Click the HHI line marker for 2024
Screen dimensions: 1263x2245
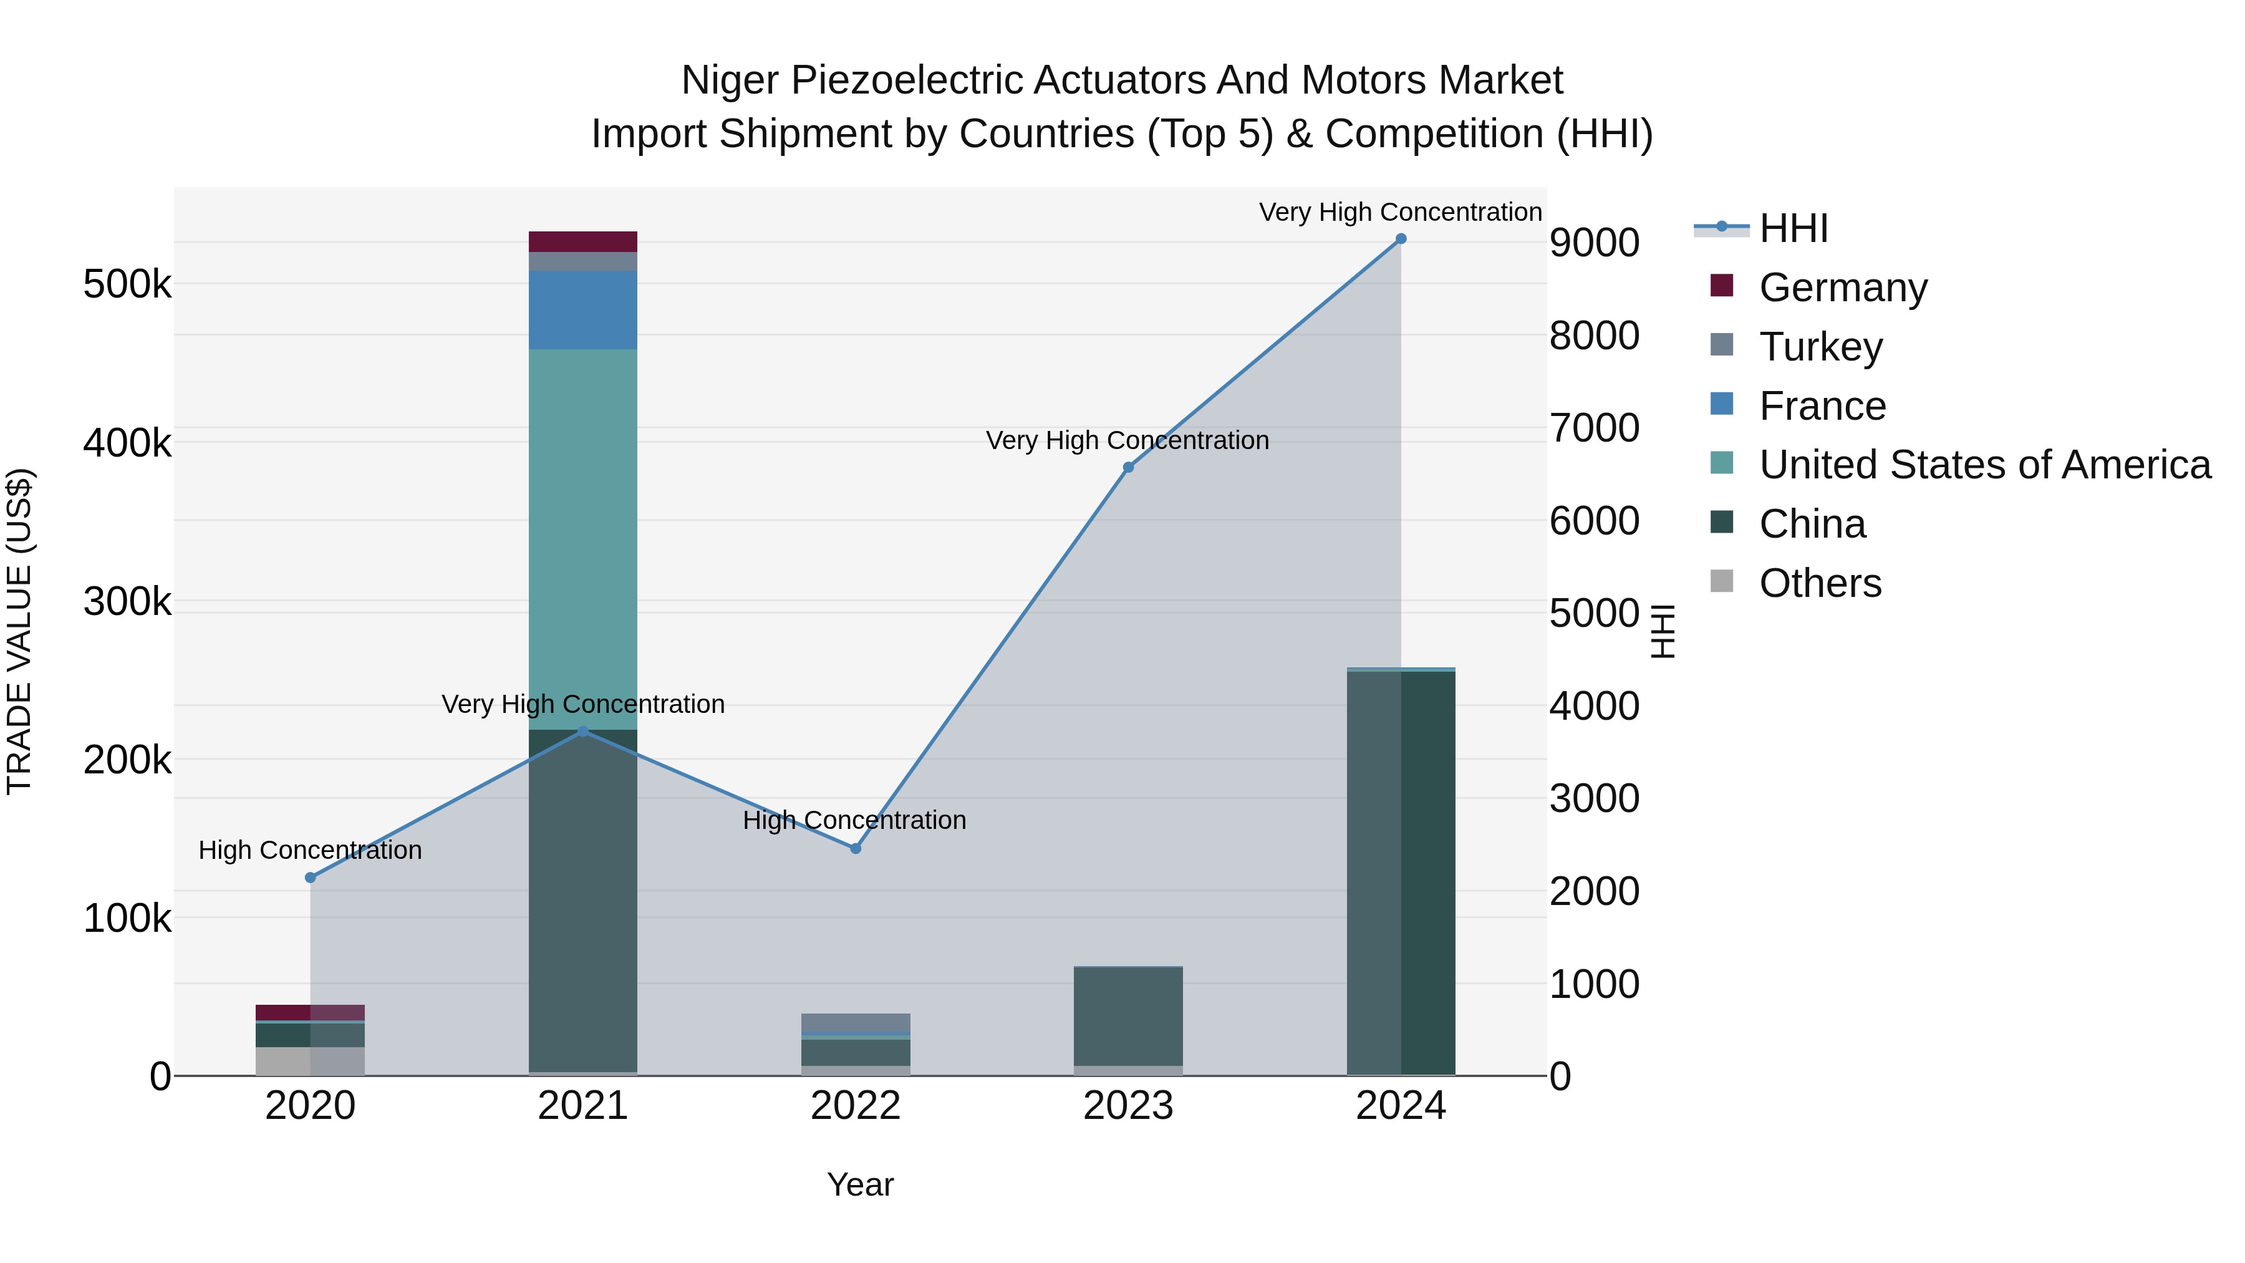click(1401, 239)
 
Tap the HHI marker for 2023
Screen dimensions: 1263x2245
click(1127, 467)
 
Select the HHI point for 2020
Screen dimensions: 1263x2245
click(311, 878)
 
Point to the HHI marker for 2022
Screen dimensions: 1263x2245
click(855, 848)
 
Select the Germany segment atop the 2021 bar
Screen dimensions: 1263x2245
click(583, 241)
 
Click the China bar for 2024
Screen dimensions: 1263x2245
click(1401, 872)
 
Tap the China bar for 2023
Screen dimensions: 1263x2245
click(1127, 1015)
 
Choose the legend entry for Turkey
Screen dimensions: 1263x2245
click(1820, 347)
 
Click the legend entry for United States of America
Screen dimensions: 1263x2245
click(1984, 465)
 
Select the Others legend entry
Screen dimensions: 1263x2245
click(1820, 583)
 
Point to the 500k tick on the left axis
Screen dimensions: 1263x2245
click(127, 284)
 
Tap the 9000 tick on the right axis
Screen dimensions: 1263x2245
click(1594, 243)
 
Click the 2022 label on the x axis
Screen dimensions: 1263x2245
click(855, 1106)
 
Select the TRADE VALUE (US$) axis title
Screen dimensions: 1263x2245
click(19, 631)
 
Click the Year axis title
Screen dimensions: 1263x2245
click(860, 1184)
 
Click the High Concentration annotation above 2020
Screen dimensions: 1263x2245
click(311, 850)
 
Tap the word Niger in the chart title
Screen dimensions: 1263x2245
click(730, 80)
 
